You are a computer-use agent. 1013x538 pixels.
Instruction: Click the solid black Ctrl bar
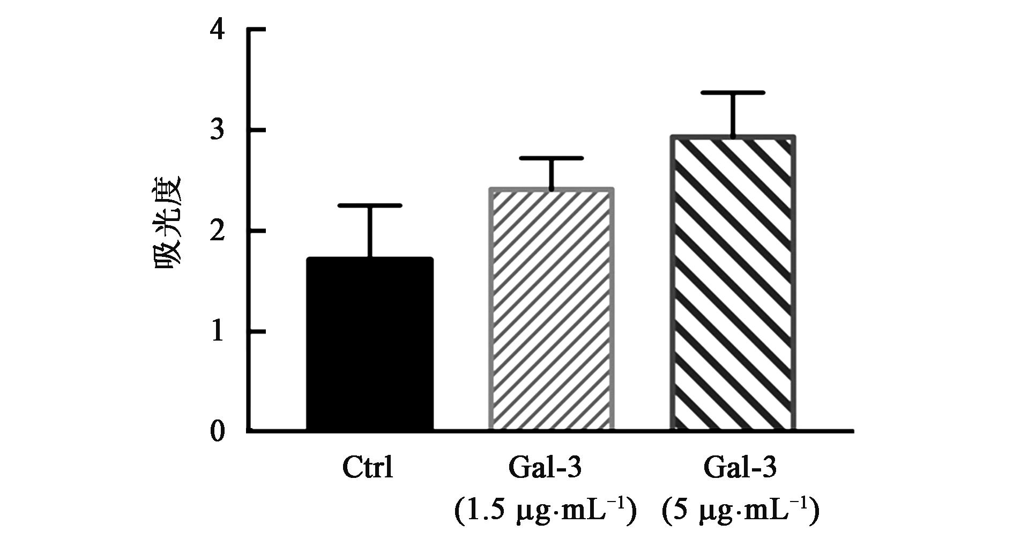click(369, 344)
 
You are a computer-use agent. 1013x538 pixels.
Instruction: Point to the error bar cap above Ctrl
click(369, 205)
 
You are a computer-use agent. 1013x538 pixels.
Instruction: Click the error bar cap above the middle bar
click(551, 158)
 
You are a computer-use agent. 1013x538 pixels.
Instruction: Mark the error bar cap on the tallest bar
click(733, 93)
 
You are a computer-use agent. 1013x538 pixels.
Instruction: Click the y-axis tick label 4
click(217, 31)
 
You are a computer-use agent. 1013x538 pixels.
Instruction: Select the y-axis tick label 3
click(217, 131)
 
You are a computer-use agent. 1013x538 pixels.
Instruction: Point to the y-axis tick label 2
click(217, 232)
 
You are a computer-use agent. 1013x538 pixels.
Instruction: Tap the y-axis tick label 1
click(217, 333)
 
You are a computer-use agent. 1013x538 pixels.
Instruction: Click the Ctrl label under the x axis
click(368, 468)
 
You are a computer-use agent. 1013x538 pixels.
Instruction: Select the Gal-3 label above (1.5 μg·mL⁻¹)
click(545, 468)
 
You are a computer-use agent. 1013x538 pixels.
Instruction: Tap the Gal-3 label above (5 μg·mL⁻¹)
click(740, 468)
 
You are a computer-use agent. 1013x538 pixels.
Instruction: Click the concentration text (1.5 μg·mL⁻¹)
click(545, 510)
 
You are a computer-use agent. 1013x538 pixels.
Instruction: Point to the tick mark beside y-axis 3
click(256, 130)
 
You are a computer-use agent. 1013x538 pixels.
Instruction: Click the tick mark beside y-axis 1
click(256, 332)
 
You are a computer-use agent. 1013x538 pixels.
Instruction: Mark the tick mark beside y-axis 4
click(256, 30)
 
